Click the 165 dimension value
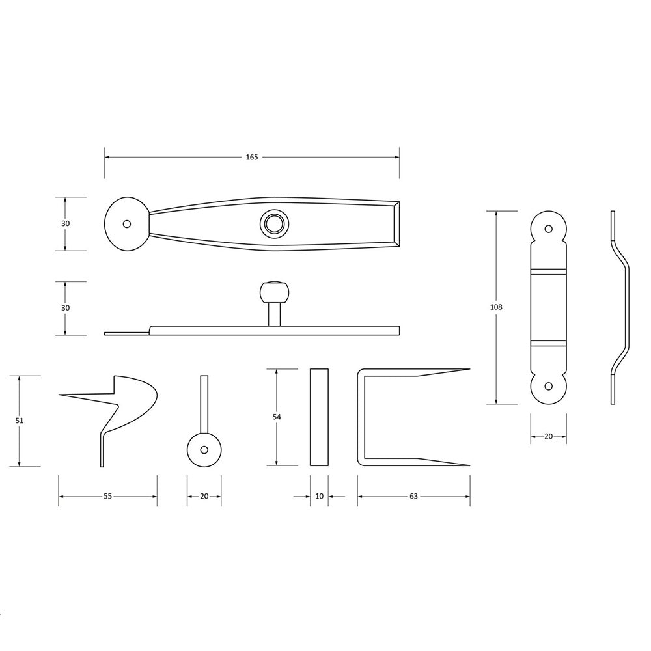point(251,157)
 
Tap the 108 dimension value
point(496,307)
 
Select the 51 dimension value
point(20,421)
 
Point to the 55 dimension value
point(107,496)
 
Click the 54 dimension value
point(277,417)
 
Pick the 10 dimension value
point(319,496)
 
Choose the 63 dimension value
point(413,496)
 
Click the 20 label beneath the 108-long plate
point(548,436)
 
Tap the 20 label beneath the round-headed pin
point(204,496)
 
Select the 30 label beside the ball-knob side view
point(66,308)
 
